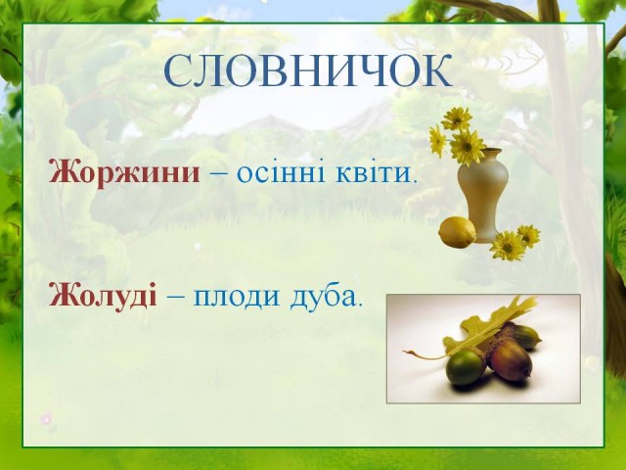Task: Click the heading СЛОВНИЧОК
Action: click(308, 71)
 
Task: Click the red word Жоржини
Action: click(124, 173)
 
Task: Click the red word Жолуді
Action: click(103, 296)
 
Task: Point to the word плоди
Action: click(237, 297)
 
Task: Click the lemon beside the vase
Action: click(458, 232)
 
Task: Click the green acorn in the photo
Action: click(466, 366)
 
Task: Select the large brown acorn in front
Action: click(510, 360)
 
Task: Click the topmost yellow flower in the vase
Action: click(457, 118)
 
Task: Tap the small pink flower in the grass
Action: click(46, 419)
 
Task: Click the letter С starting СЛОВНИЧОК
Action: click(176, 71)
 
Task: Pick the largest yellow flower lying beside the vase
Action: click(507, 246)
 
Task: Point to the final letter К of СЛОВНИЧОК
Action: click(438, 71)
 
